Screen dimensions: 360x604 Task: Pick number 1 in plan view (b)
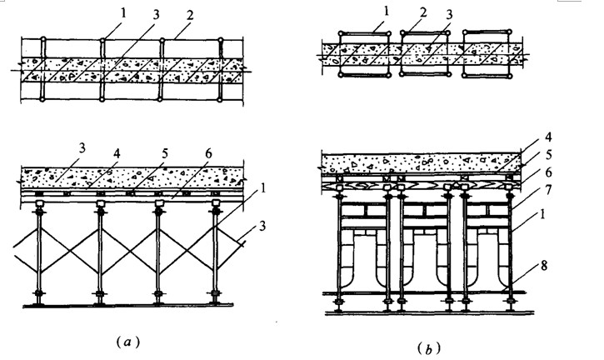tap(376, 15)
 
